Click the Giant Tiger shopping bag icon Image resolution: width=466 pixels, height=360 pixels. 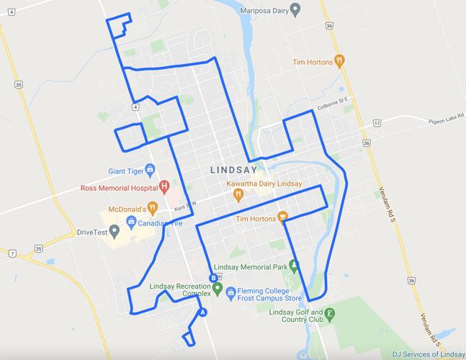pyautogui.click(x=151, y=171)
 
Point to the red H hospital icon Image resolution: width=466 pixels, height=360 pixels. pyautogui.click(x=164, y=187)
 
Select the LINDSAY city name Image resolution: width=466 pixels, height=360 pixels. pyautogui.click(x=233, y=171)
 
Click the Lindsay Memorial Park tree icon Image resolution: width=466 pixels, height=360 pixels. pyautogui.click(x=293, y=264)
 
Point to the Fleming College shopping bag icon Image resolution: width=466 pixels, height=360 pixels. pyautogui.click(x=230, y=292)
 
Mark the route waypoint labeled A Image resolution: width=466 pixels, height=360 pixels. pyautogui.click(x=203, y=312)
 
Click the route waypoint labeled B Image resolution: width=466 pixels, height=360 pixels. pyautogui.click(x=212, y=278)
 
